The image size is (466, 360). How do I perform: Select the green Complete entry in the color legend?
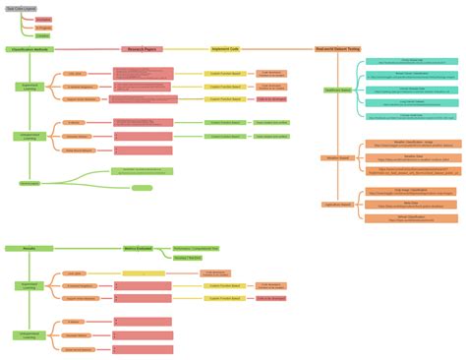click(x=43, y=35)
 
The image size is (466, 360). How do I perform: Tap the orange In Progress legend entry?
click(x=43, y=28)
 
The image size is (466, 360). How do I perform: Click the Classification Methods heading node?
click(x=30, y=48)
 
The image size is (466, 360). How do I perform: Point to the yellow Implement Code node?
click(x=225, y=48)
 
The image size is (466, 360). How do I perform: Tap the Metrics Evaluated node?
click(x=137, y=250)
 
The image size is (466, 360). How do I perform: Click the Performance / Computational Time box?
click(x=196, y=249)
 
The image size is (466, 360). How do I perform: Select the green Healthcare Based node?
click(x=339, y=90)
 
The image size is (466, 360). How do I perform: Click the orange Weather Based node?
click(x=337, y=157)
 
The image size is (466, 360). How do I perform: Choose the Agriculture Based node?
click(x=337, y=204)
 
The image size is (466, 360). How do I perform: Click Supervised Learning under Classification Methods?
click(x=29, y=87)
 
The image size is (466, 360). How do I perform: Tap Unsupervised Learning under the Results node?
click(x=29, y=333)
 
